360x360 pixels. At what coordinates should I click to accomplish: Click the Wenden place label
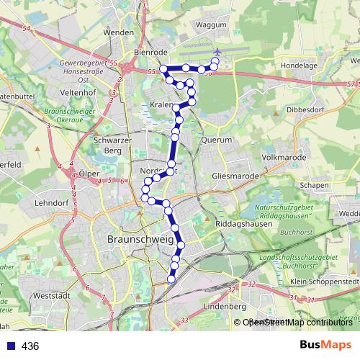119,32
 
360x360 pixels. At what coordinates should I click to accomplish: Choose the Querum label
217,140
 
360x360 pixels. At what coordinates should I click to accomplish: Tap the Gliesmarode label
230,175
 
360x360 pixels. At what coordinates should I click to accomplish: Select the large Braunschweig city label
141,239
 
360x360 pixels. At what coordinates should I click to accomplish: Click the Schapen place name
314,184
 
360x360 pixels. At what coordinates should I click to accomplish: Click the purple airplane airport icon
217,52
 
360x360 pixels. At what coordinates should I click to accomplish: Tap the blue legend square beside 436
7,346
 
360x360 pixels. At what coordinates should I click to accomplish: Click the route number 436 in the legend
30,346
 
